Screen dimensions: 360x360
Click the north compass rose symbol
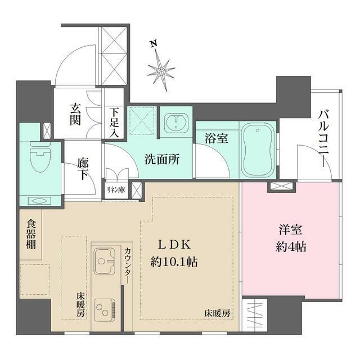[161, 70]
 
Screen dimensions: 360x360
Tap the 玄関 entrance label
[75, 114]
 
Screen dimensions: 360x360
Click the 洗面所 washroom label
[162, 160]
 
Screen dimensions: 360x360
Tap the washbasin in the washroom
[176, 123]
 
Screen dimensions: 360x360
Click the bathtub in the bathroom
[258, 148]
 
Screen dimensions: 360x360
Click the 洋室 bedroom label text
[291, 230]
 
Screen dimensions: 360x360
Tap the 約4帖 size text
[291, 246]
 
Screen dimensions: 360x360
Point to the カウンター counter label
[128, 265]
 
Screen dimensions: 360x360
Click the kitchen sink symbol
[105, 262]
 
